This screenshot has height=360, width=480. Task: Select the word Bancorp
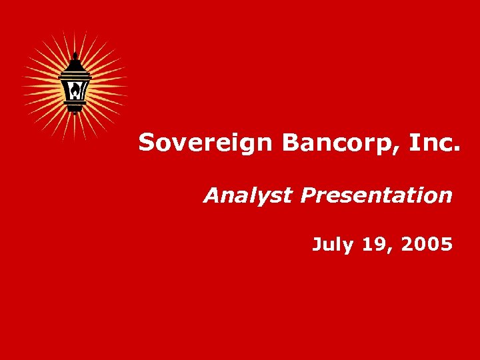[x=320, y=142]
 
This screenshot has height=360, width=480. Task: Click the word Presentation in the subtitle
[x=376, y=195]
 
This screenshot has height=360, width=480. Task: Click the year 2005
[x=427, y=245]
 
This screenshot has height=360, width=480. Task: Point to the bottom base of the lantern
[x=75, y=110]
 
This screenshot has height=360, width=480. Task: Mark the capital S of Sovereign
[x=147, y=142]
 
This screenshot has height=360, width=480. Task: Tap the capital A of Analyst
[x=211, y=195]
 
